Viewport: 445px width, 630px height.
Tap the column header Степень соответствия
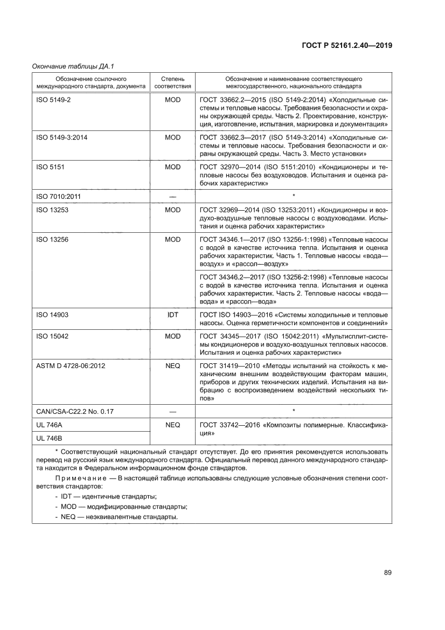[172, 82]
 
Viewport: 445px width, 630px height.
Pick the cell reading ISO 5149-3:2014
[61, 137]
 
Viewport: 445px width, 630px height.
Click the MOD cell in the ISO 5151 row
[172, 167]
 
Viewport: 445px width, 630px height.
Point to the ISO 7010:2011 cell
[58, 197]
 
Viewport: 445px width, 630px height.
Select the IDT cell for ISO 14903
[172, 314]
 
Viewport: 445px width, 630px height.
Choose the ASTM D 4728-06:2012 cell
[70, 365]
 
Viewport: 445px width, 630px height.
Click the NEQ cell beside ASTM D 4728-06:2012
[172, 365]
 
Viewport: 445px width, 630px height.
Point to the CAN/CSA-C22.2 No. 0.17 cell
[74, 411]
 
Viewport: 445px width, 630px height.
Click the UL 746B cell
[49, 438]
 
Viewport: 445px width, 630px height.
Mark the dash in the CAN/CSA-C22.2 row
[172, 412]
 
